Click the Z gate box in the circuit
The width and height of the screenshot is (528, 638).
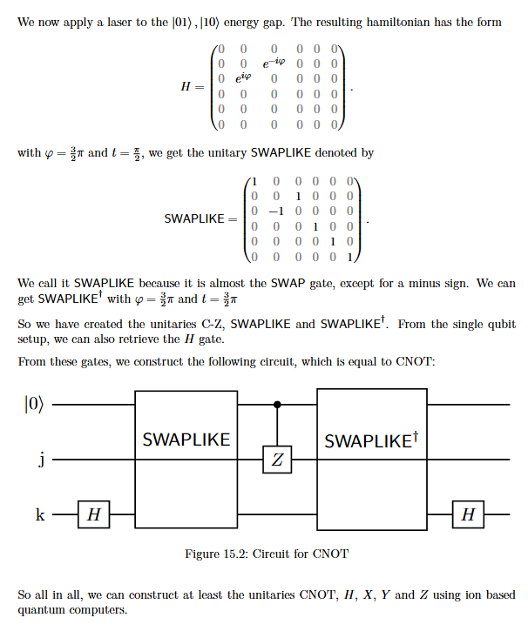[x=277, y=460]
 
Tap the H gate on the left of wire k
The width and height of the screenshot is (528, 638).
[x=94, y=514]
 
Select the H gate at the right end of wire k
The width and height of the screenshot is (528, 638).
[x=468, y=514]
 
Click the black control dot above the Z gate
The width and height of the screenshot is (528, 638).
[x=277, y=405]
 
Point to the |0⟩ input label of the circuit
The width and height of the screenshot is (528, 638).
[x=33, y=404]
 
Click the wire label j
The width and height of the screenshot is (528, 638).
[x=41, y=460]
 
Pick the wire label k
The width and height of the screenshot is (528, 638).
[x=40, y=514]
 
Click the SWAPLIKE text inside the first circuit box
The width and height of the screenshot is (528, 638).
[x=186, y=440]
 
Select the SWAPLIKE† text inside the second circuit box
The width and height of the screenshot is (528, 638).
[x=371, y=440]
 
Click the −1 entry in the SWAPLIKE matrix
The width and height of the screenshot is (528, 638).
[x=276, y=212]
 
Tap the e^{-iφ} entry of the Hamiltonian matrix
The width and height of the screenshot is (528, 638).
[x=274, y=63]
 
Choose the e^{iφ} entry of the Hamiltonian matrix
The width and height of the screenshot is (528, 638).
[x=243, y=77]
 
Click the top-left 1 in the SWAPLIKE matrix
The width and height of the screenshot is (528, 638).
[x=254, y=181]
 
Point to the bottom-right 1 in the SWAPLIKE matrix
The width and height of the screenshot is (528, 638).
[x=349, y=257]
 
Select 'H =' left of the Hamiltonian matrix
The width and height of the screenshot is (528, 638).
[x=193, y=86]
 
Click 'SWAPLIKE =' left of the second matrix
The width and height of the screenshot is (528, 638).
[x=200, y=219]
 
